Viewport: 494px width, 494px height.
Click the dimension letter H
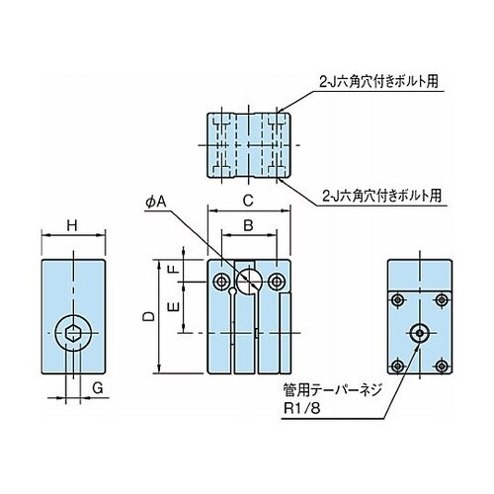click(72, 226)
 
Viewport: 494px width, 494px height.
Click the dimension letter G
click(98, 388)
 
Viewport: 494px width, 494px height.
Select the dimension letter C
click(248, 201)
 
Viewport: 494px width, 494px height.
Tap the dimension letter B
click(248, 226)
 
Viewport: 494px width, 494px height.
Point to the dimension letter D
click(149, 316)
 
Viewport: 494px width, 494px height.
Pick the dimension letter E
click(174, 307)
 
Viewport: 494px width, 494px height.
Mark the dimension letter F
click(174, 270)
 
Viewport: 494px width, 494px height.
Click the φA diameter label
click(156, 202)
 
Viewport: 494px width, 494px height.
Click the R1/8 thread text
click(302, 409)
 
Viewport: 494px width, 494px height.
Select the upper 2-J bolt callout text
click(378, 81)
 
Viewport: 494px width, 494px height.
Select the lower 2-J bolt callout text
click(381, 196)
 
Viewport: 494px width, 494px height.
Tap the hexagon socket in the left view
click(73, 333)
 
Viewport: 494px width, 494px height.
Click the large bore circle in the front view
click(249, 282)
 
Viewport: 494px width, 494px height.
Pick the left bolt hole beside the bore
click(221, 282)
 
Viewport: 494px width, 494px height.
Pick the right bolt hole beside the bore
click(277, 282)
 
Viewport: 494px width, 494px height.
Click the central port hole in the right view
click(420, 333)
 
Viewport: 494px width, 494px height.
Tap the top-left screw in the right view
click(398, 300)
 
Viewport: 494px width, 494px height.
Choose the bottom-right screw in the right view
click(442, 366)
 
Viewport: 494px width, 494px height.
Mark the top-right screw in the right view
click(442, 300)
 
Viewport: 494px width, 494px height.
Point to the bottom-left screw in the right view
click(398, 366)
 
